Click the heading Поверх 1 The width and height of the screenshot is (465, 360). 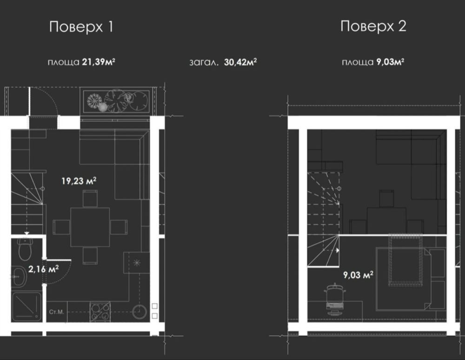click(81, 26)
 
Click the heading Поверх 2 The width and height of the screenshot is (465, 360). click(373, 26)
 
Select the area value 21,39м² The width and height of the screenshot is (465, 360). click(99, 62)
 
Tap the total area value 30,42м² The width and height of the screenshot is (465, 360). click(240, 62)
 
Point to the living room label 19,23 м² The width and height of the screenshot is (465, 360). click(79, 181)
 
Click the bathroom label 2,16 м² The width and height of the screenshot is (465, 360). click(43, 269)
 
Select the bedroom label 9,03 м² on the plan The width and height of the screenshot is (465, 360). click(358, 275)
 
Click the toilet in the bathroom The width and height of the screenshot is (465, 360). click(25, 249)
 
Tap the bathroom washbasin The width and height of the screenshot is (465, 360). click(20, 276)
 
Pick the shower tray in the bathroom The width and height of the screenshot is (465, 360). click(27, 307)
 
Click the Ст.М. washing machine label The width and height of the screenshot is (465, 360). click(56, 312)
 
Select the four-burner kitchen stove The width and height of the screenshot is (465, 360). click(100, 312)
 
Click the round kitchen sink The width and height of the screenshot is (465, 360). click(139, 311)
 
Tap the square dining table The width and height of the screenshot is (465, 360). click(90, 228)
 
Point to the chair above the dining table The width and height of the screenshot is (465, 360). click(90, 199)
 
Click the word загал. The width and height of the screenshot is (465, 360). click(204, 63)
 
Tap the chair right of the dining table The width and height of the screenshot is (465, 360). click(119, 227)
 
